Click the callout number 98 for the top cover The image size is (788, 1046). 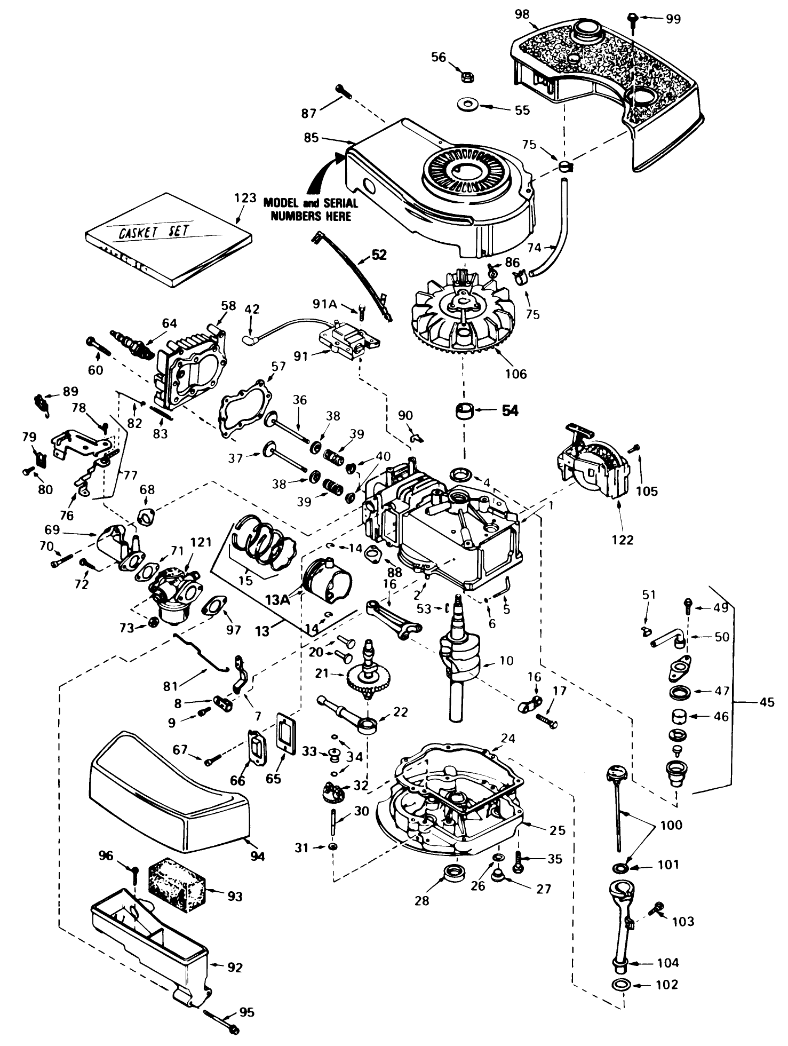[522, 14]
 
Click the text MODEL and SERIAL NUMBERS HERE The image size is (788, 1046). [311, 210]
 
